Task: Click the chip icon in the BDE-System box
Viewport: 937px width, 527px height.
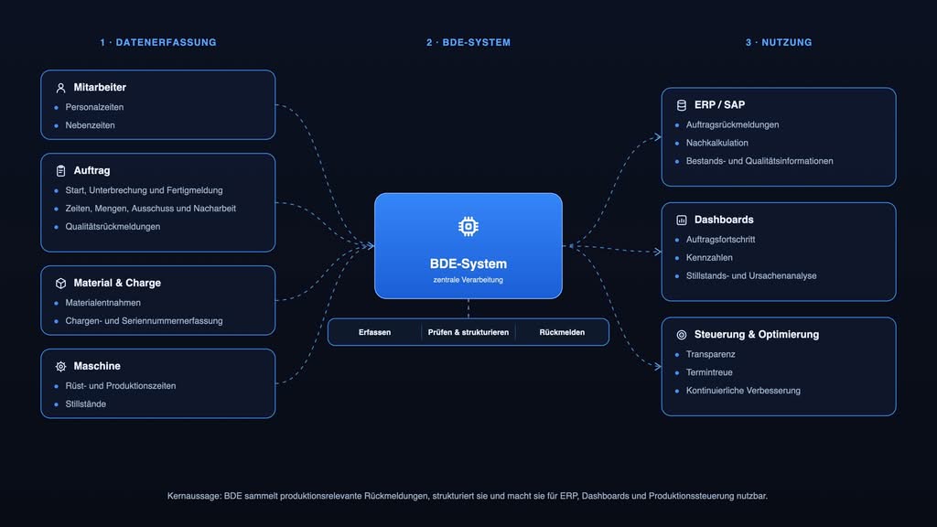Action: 468,227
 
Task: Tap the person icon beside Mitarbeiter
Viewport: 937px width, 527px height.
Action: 60,88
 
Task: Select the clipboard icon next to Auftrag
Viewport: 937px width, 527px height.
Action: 60,171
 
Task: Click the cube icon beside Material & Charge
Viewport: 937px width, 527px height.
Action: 60,284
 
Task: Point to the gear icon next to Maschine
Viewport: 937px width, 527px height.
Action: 60,366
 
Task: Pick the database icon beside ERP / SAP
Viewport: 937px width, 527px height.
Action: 681,105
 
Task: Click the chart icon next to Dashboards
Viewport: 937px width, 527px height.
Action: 681,220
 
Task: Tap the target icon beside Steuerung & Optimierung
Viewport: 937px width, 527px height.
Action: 681,335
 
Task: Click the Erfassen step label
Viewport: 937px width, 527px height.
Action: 374,332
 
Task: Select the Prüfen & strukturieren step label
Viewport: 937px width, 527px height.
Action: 468,332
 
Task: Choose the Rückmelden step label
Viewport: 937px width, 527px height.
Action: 562,332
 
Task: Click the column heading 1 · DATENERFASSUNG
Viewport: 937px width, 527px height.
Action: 158,42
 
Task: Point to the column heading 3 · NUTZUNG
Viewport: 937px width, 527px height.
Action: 779,42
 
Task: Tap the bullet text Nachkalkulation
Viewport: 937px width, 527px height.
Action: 717,143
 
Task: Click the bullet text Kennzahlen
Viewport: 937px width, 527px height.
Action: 709,257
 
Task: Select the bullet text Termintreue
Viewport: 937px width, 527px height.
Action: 709,372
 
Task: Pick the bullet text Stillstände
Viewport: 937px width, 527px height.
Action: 85,403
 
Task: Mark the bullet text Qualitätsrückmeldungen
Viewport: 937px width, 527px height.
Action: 113,227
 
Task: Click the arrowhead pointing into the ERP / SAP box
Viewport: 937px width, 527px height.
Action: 658,137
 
